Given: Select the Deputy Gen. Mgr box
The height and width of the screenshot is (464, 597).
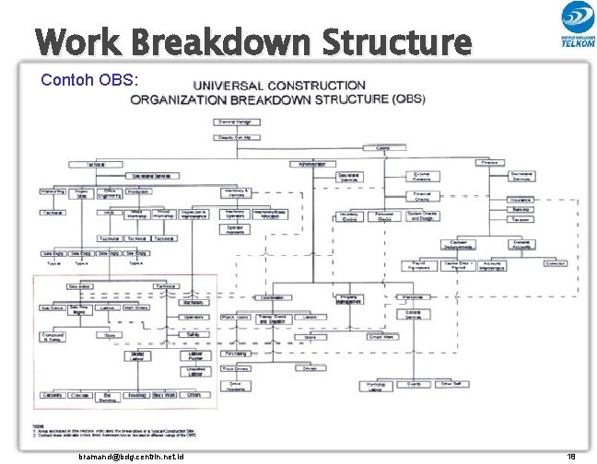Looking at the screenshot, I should tap(239, 137).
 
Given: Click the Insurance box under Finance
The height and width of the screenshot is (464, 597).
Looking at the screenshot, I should tap(521, 200).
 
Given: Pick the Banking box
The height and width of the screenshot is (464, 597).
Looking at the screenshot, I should tap(521, 210).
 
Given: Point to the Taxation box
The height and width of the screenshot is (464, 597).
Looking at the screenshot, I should tap(521, 221).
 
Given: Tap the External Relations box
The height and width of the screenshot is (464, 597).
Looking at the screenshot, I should tap(422, 176).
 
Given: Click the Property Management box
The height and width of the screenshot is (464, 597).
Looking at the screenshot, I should tap(349, 299).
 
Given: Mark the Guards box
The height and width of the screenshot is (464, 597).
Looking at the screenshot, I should tap(414, 384).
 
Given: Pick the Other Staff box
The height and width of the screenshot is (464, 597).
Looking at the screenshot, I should tap(451, 384).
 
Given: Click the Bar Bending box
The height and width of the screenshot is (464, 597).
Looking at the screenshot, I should tap(108, 398).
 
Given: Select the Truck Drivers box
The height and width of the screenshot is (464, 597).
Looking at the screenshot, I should tap(235, 368).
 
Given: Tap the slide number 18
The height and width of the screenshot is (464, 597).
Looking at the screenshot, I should tap(571, 456).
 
